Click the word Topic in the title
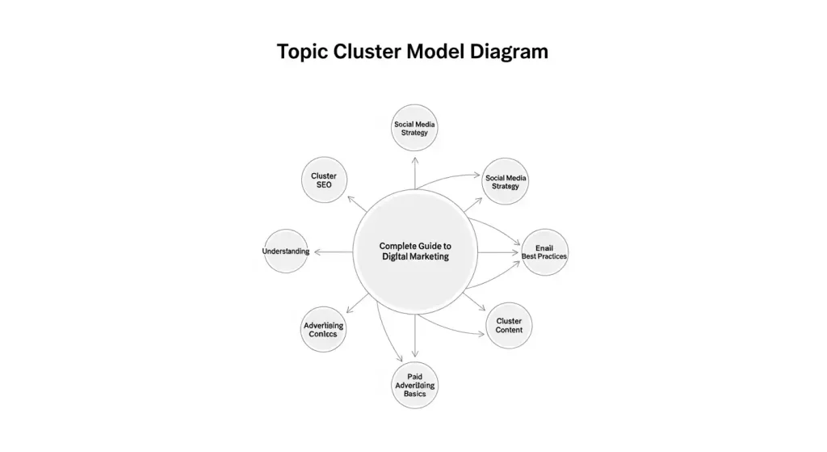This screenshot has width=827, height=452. (301, 52)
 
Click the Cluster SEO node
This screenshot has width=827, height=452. (324, 180)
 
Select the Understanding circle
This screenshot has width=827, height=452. (286, 251)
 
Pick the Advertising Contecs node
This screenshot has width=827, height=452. (324, 330)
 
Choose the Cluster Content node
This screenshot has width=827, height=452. (510, 326)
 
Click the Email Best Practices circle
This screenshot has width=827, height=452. (544, 251)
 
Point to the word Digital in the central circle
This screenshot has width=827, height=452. (398, 256)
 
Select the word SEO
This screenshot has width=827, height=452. (324, 185)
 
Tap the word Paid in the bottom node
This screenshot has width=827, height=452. (415, 376)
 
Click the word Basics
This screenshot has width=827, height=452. (415, 394)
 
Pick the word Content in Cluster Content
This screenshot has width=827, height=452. (510, 330)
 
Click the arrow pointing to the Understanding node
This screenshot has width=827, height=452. (333, 252)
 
